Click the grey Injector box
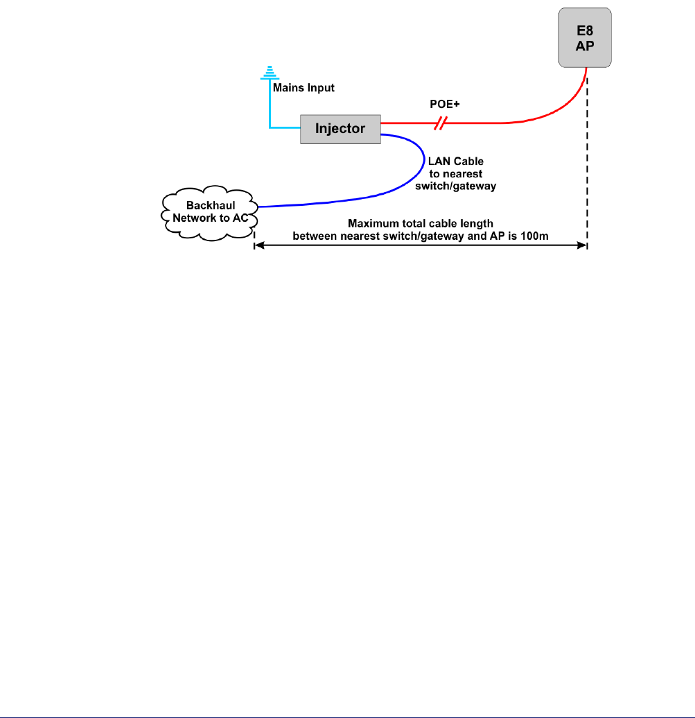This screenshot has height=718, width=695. (340, 129)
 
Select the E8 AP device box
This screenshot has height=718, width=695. (586, 38)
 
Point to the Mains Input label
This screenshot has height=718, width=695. (303, 88)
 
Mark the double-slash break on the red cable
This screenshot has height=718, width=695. (440, 123)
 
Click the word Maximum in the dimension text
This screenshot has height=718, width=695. (372, 224)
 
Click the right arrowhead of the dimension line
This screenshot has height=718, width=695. (583, 246)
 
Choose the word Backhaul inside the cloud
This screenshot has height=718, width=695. (209, 207)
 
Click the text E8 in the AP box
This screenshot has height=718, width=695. (586, 31)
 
